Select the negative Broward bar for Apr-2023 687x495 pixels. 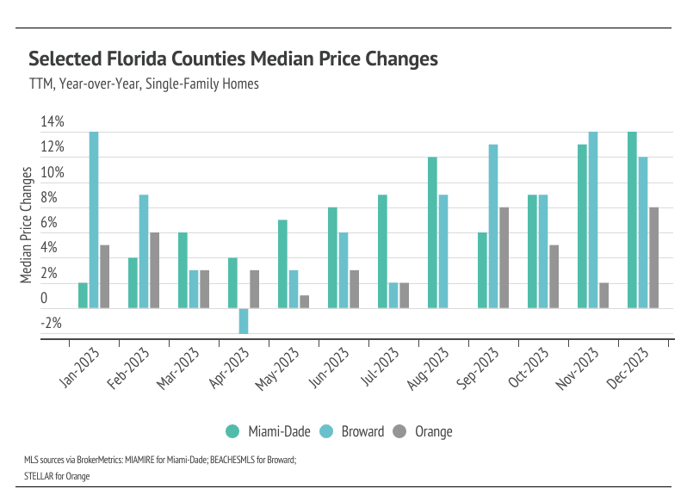[x=244, y=320]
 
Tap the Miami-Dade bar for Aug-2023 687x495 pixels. [x=432, y=232]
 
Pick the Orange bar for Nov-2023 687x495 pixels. [x=603, y=295]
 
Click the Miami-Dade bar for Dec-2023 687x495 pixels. [x=632, y=220]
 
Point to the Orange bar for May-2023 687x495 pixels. [x=304, y=301]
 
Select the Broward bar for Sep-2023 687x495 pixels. [x=493, y=226]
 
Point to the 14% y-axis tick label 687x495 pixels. [x=52, y=121]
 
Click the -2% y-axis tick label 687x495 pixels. [x=52, y=324]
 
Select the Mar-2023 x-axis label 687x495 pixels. [x=194, y=367]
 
